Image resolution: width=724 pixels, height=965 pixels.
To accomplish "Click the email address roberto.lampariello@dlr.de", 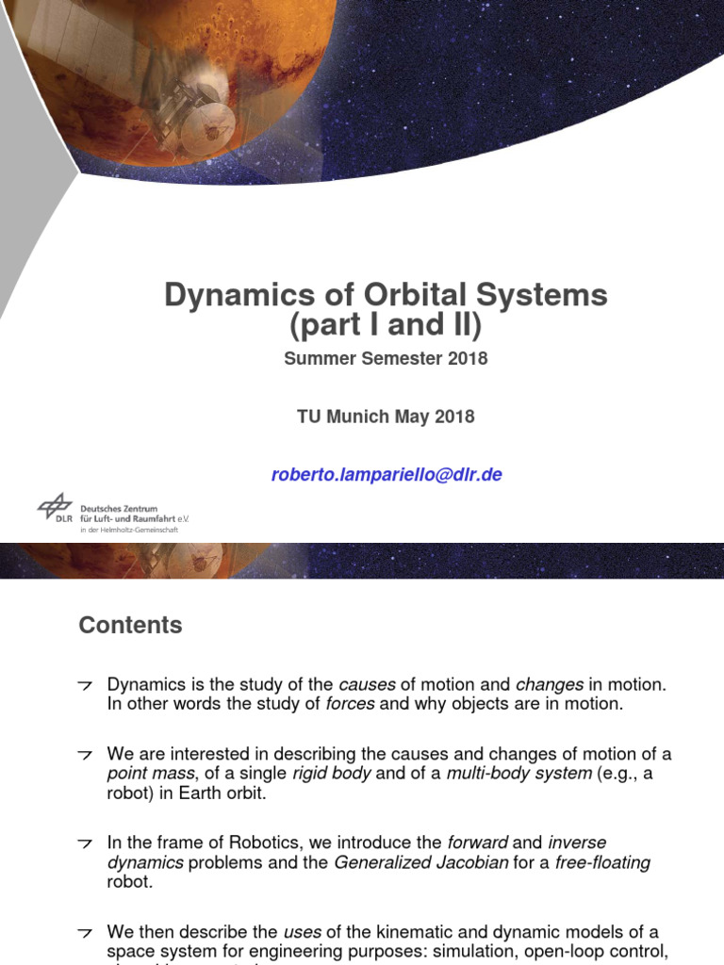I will click(387, 475).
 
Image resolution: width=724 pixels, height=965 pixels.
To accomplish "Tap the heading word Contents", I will click(130, 625).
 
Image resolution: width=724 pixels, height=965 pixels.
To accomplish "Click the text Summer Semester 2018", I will click(386, 358).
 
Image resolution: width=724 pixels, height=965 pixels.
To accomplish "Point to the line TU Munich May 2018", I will click(386, 417).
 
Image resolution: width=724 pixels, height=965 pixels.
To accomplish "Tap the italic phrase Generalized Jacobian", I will click(421, 862).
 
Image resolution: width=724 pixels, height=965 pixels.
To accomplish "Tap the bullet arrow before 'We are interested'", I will click(86, 756).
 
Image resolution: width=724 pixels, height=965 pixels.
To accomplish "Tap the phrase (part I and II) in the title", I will click(386, 325).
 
